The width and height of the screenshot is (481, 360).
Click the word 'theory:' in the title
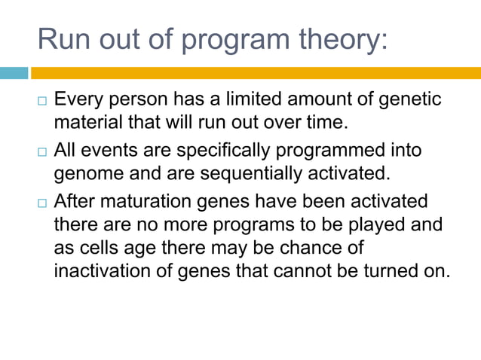(x=340, y=38)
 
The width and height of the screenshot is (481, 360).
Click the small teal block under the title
(x=14, y=73)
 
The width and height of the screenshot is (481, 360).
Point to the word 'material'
(x=83, y=121)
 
